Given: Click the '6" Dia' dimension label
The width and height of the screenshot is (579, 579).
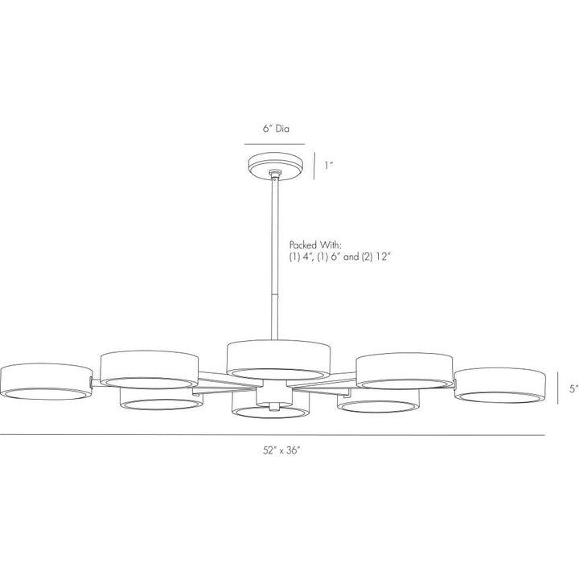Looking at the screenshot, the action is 276,129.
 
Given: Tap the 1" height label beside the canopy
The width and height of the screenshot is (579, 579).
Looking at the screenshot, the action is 329,166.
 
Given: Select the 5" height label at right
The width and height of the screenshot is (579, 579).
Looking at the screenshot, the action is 573,388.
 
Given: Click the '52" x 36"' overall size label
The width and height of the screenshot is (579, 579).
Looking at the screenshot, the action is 282,450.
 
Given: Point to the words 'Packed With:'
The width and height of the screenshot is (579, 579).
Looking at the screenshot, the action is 316,244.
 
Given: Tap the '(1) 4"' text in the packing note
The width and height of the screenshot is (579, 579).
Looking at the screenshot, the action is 302,257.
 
